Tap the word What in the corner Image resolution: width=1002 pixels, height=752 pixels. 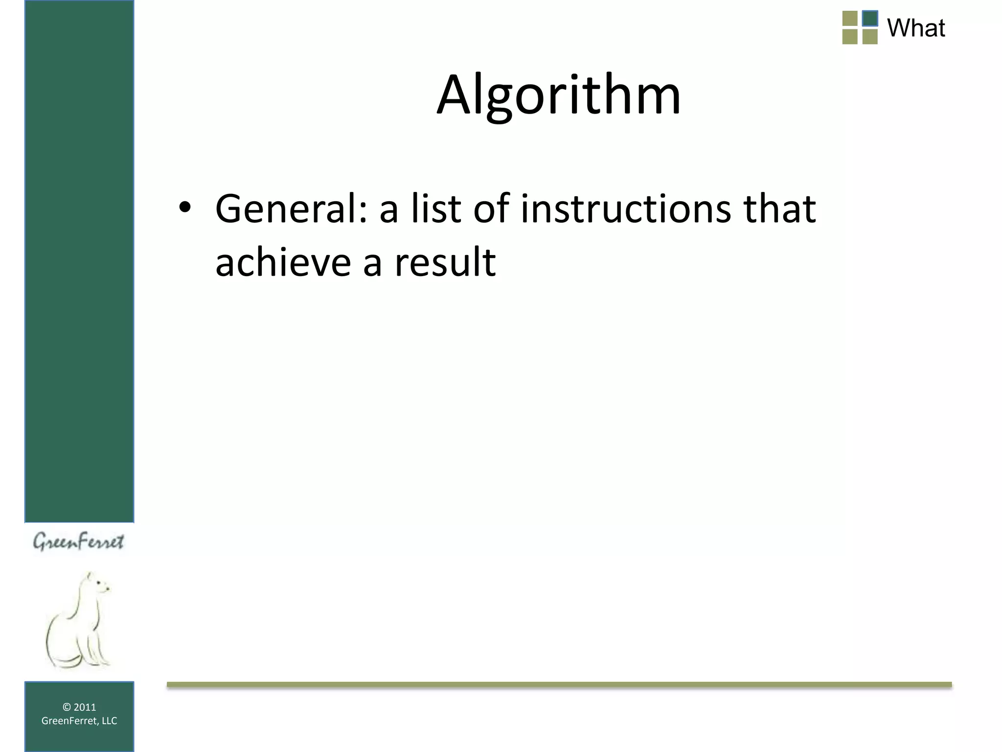point(916,28)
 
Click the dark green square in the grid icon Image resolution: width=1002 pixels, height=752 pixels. point(869,19)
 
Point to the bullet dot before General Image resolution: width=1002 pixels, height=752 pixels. point(184,208)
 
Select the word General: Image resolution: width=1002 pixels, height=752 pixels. point(291,209)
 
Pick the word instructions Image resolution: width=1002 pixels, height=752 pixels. point(626,209)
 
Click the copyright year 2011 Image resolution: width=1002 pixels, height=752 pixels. point(85,707)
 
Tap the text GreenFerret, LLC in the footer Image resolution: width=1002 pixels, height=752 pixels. point(79,721)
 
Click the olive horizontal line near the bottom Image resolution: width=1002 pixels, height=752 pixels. point(559,684)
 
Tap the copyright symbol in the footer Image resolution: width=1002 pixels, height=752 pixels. point(67,707)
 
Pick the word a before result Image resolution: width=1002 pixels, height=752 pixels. point(372,263)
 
